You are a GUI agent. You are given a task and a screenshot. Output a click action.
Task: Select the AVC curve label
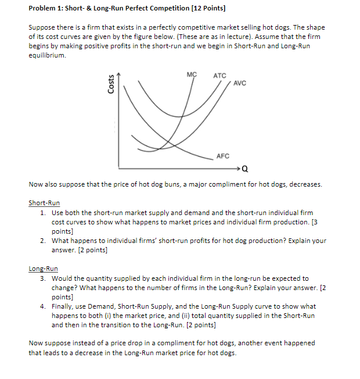(240, 83)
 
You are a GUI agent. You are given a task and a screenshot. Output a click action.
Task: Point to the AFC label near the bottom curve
(223, 156)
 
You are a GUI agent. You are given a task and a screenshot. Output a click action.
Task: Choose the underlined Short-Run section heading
(44, 203)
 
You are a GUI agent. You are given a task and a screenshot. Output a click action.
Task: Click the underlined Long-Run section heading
(43, 269)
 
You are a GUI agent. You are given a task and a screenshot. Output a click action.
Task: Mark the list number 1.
(44, 213)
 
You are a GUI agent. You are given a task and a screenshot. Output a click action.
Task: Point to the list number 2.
(44, 241)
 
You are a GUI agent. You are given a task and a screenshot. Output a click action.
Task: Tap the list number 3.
(44, 278)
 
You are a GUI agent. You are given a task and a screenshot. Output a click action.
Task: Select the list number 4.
(44, 306)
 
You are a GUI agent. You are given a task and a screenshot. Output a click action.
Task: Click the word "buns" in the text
(153, 185)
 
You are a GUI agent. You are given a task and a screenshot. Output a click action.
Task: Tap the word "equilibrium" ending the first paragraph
(47, 56)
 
